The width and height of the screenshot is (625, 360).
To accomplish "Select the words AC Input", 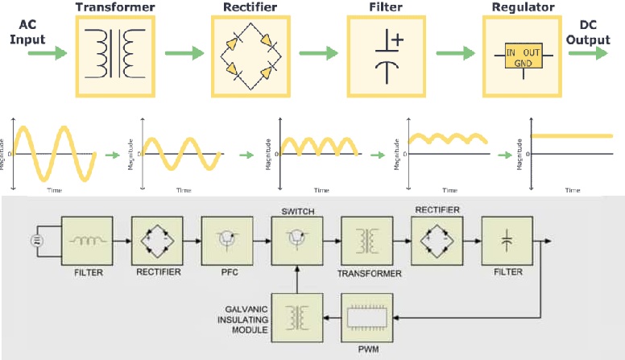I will pyautogui.click(x=27, y=31).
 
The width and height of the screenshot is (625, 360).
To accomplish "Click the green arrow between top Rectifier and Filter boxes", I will pyautogui.click(x=314, y=54).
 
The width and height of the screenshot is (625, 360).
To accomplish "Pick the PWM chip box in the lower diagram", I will pyautogui.click(x=367, y=317).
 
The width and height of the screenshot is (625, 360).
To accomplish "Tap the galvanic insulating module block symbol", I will pyautogui.click(x=298, y=317).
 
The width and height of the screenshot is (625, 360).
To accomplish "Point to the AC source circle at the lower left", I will pyautogui.click(x=36, y=240).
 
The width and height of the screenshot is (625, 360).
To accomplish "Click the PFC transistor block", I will pyautogui.click(x=227, y=240).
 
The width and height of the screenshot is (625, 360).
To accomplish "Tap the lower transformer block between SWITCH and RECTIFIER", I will pyautogui.click(x=367, y=240).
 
